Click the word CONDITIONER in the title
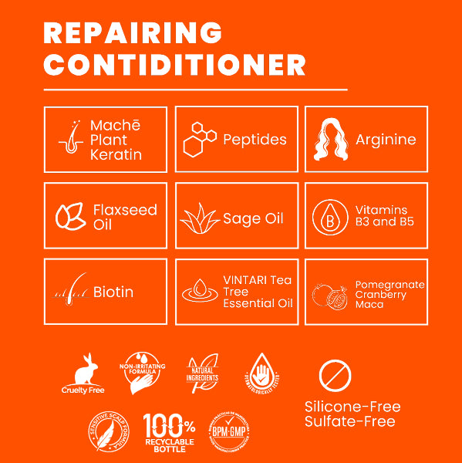174,65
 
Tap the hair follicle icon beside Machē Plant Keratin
70,140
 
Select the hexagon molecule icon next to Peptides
199,140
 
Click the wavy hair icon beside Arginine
331,140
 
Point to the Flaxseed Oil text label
124,217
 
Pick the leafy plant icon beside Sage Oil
199,218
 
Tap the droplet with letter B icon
329,218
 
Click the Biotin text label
113,292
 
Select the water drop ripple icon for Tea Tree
200,292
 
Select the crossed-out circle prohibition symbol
335,376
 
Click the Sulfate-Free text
349,421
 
